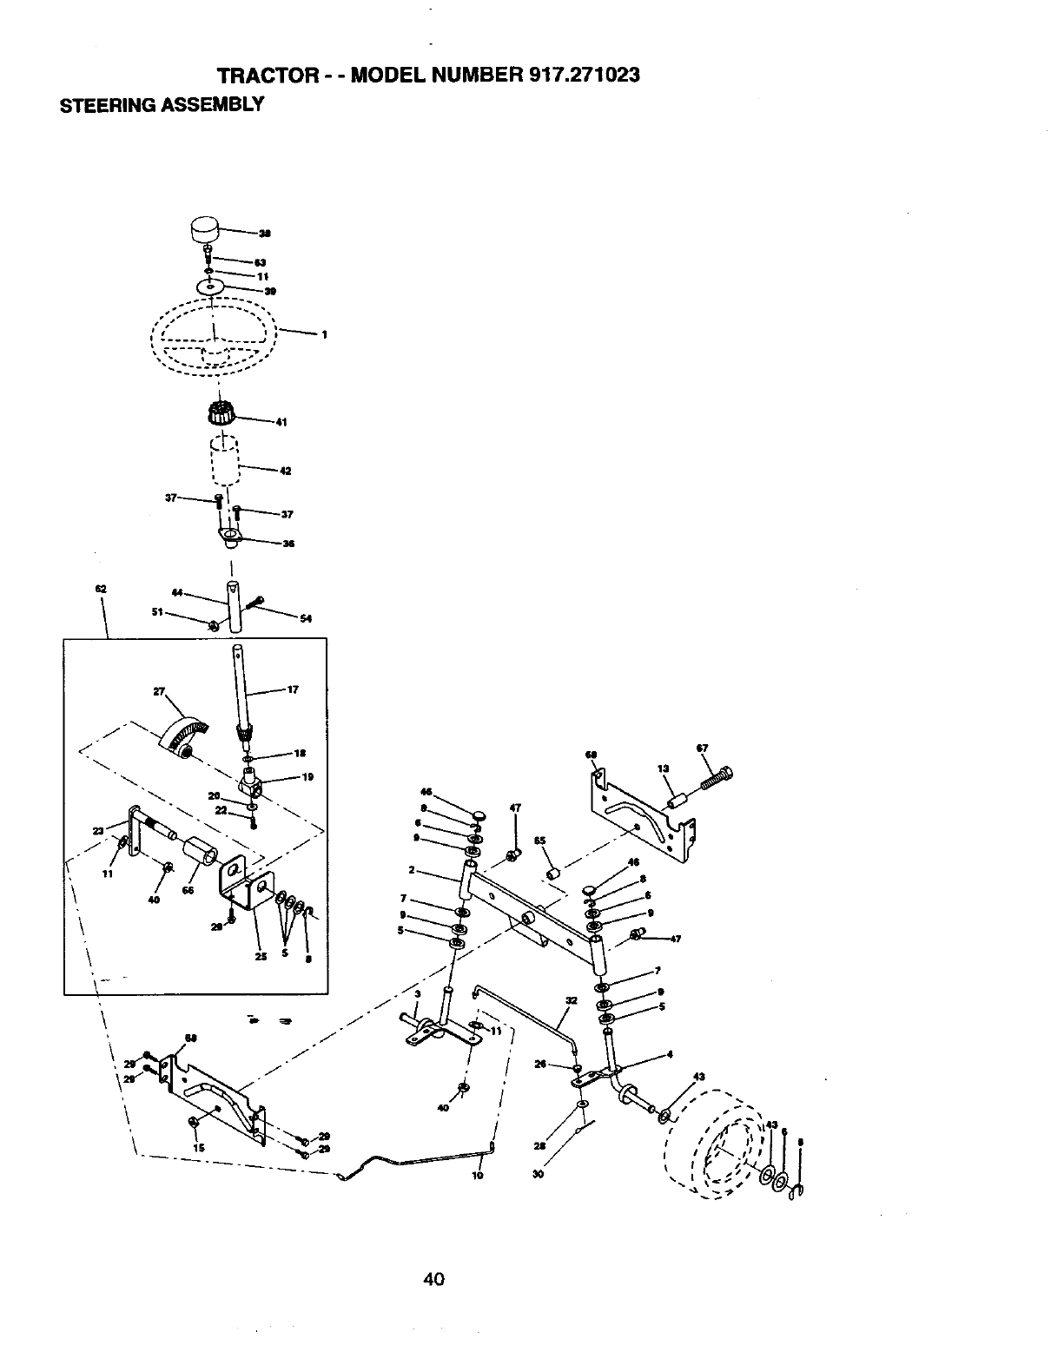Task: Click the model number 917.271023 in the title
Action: [584, 76]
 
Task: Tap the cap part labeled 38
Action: [205, 232]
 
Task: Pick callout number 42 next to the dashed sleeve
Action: [285, 471]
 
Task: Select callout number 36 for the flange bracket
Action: [288, 544]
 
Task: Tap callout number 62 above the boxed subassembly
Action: [100, 590]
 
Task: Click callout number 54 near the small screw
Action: [305, 618]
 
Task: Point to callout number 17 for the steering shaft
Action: [293, 690]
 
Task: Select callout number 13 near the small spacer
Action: [663, 768]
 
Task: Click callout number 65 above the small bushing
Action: [539, 841]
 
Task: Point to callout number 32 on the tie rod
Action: [571, 1000]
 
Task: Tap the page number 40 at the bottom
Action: [434, 1278]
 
